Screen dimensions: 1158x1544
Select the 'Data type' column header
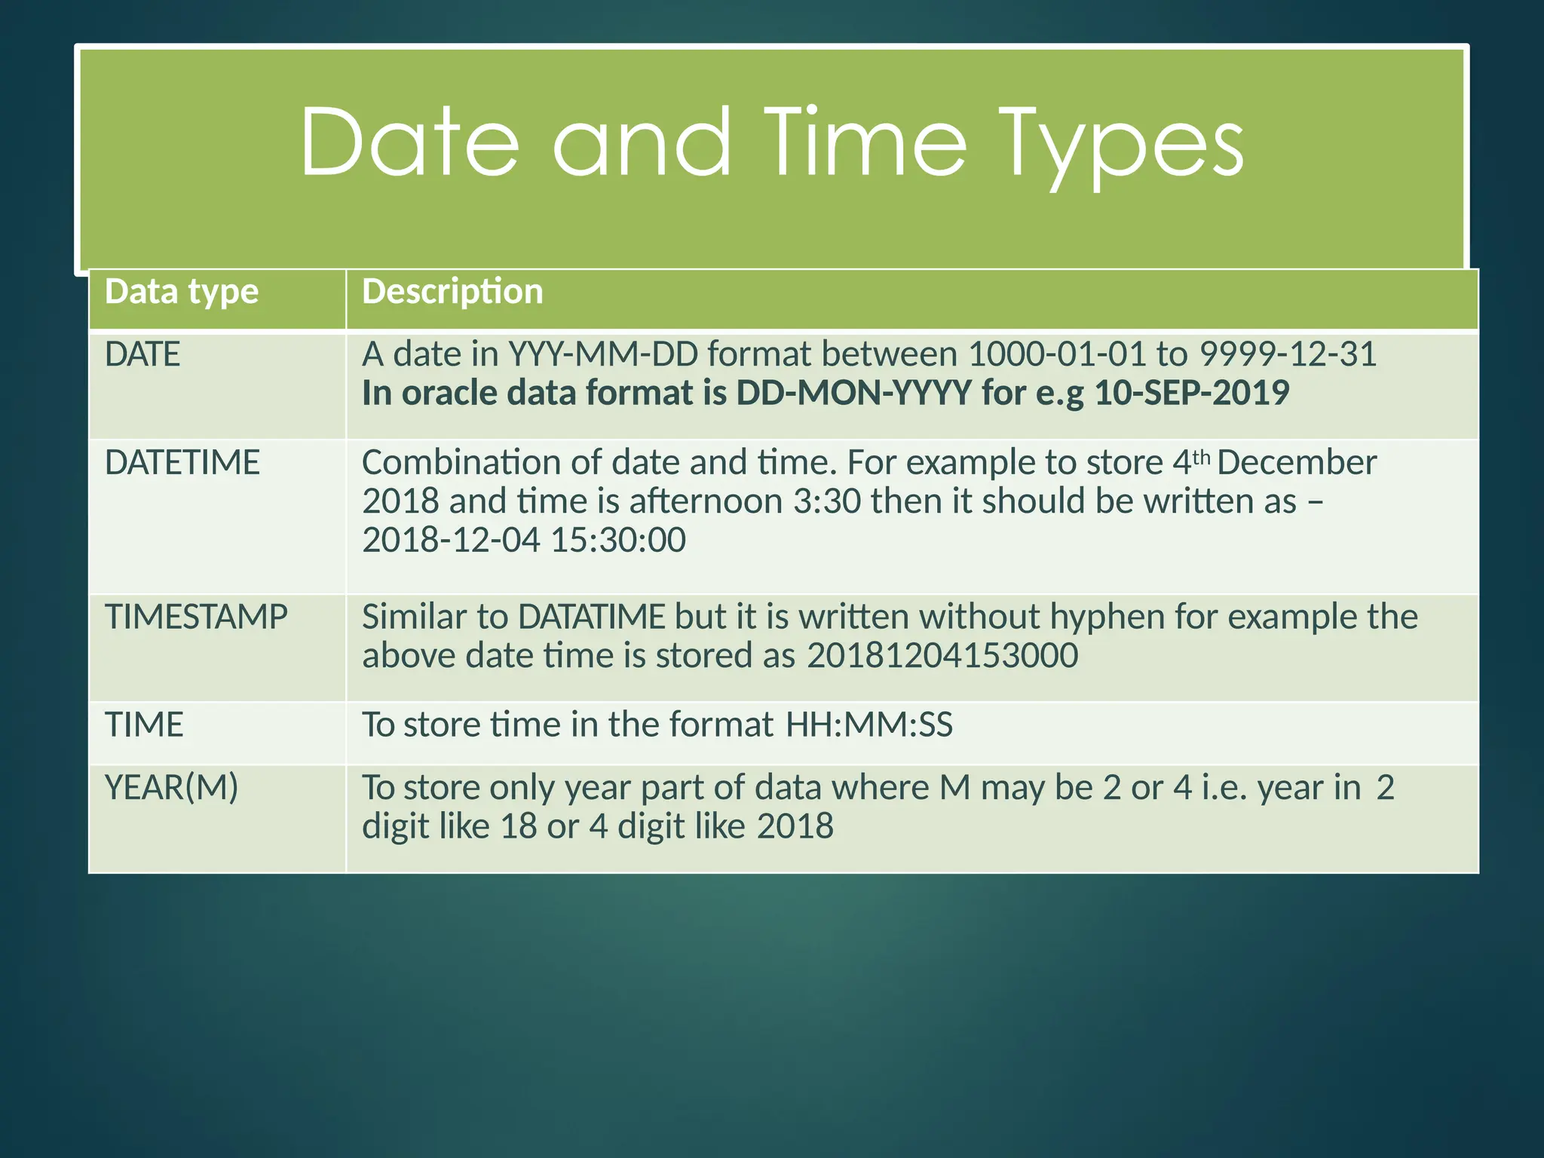(182, 292)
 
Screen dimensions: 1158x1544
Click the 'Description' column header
(452, 292)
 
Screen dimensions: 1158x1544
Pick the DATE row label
(142, 354)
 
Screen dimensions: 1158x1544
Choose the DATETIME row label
(182, 462)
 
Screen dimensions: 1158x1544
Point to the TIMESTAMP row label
(196, 617)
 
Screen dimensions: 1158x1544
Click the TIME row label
(144, 725)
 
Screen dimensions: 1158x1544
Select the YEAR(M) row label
(172, 788)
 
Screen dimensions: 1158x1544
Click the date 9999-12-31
(1288, 354)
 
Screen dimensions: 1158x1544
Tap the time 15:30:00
(618, 540)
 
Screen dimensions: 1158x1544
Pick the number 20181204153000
(942, 656)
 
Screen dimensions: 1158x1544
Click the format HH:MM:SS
(868, 725)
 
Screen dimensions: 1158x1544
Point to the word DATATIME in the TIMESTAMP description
(592, 617)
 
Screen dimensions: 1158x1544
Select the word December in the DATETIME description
(1297, 462)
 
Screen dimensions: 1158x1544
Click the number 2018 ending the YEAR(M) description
(795, 826)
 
